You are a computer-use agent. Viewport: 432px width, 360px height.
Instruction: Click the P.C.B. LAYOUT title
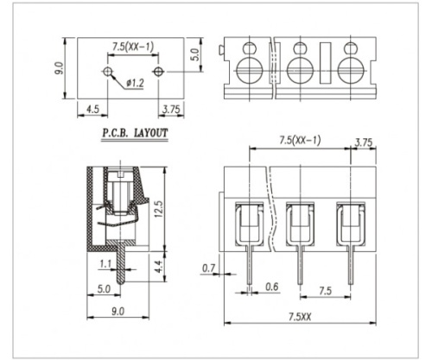pos(135,133)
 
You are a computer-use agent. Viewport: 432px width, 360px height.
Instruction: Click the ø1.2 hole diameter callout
pos(135,83)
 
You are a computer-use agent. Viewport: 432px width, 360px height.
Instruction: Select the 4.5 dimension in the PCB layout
pos(92,110)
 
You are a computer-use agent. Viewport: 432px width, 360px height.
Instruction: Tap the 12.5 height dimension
pos(158,209)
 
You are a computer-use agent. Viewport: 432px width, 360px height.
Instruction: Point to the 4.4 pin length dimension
pos(159,267)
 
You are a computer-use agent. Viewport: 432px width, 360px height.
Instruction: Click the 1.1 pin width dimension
pos(105,264)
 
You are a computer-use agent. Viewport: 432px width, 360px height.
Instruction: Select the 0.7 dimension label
pos(208,268)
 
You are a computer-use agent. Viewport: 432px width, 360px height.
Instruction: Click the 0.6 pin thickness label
pos(272,287)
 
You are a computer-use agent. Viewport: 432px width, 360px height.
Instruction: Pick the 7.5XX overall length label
pos(300,317)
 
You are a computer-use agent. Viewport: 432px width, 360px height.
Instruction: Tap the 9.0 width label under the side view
pos(118,312)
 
